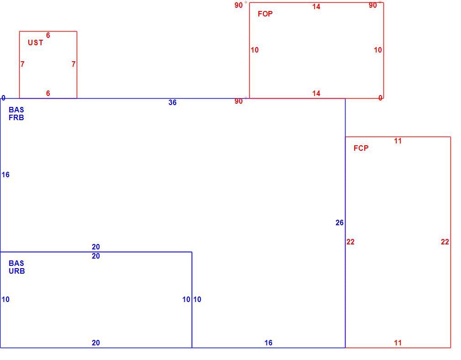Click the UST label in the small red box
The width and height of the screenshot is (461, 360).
[x=36, y=42]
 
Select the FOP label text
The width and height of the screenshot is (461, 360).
[x=265, y=14]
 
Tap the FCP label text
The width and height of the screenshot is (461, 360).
[x=361, y=148]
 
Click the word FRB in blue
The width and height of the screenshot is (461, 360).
[x=16, y=117]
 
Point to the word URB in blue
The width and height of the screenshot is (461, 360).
[x=17, y=271]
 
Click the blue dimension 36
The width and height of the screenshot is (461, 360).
[x=173, y=102]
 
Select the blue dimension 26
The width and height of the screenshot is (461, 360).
[x=340, y=223]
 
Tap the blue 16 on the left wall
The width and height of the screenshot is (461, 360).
[x=5, y=175]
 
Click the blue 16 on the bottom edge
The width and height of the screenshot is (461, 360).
[x=268, y=343]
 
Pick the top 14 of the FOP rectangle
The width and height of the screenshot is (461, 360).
[x=316, y=6]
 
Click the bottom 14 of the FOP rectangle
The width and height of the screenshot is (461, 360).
[x=316, y=93]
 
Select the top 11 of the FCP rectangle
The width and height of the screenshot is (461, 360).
[x=398, y=141]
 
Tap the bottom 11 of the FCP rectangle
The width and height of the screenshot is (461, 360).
[x=398, y=343]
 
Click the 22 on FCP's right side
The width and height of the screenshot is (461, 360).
[x=445, y=242]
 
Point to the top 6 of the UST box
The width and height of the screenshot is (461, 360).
[x=48, y=35]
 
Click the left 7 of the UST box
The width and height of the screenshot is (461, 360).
[x=23, y=64]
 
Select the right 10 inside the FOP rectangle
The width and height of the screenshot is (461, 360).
[x=378, y=50]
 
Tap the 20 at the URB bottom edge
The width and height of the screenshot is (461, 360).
[x=96, y=343]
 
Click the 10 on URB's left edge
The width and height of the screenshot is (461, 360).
[x=5, y=299]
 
